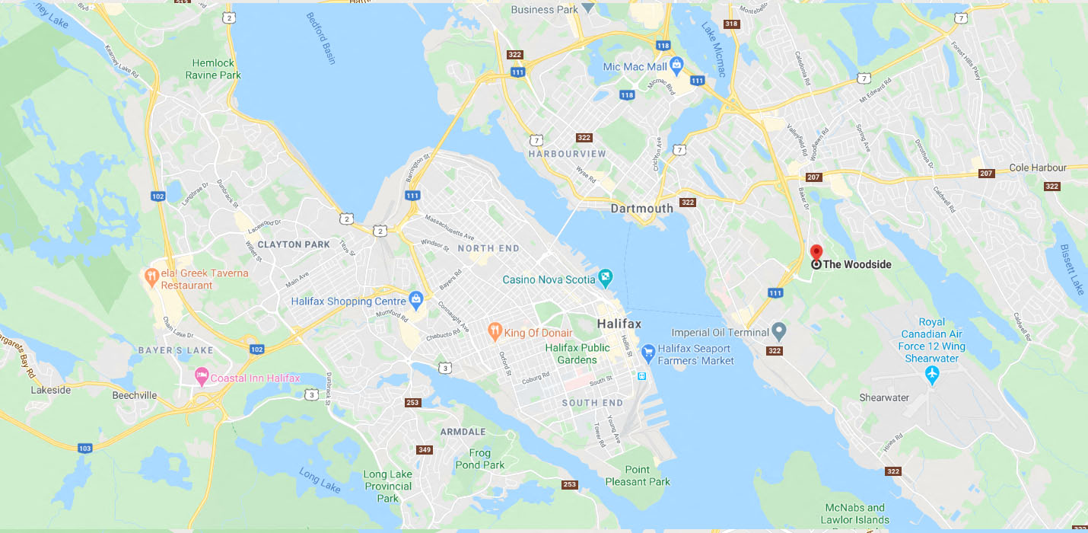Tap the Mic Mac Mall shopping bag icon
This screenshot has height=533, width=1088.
(676, 65)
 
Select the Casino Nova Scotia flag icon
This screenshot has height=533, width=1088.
(606, 278)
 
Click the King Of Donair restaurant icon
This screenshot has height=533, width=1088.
(495, 331)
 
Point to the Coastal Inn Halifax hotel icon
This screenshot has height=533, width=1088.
(201, 376)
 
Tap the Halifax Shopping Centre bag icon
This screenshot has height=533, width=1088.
(415, 300)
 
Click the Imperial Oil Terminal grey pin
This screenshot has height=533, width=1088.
(778, 331)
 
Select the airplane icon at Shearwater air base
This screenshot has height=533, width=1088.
(933, 374)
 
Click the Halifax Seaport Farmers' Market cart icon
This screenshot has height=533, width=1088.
(648, 353)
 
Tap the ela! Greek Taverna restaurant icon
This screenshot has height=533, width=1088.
(151, 276)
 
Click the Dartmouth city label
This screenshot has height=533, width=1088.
(642, 208)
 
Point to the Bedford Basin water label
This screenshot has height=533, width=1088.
(320, 37)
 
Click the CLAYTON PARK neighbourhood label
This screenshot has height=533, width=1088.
(294, 244)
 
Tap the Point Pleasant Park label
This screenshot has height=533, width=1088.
(638, 475)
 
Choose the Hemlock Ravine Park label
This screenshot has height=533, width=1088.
(213, 69)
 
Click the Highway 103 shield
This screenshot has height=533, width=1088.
(84, 448)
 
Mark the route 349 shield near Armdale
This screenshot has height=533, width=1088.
(425, 450)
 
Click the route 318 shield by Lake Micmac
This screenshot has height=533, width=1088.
(732, 24)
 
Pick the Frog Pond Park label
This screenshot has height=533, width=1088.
(480, 458)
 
